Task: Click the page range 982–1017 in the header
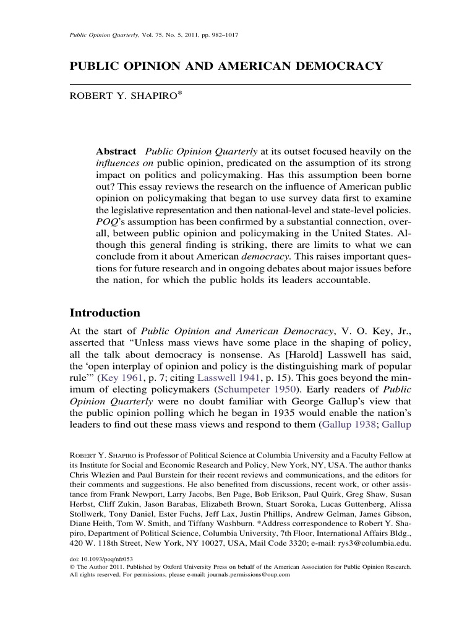(221, 35)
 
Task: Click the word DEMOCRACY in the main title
(333, 66)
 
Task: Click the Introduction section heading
(105, 313)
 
